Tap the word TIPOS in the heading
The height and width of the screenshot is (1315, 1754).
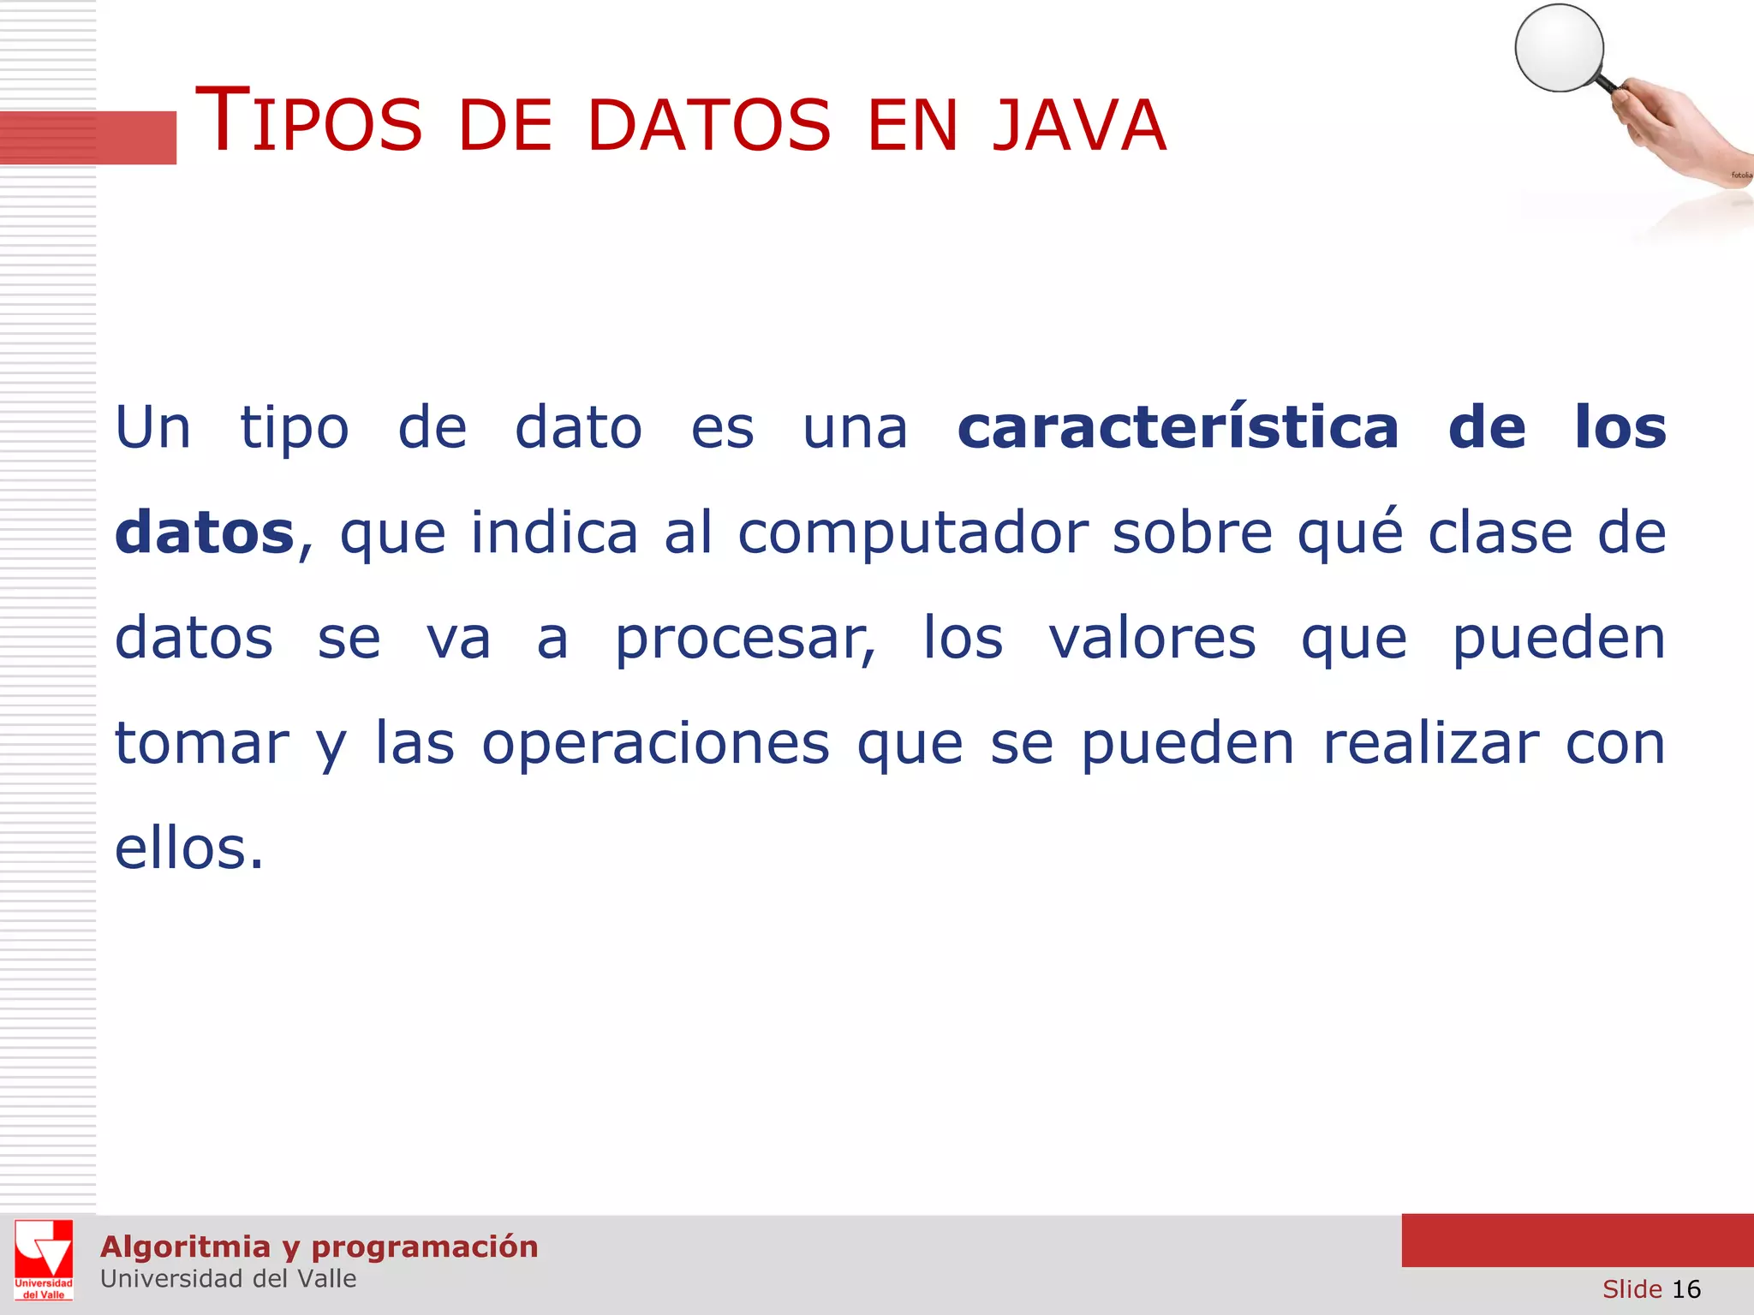[x=309, y=122]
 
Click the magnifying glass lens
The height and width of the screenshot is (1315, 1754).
[x=1559, y=47]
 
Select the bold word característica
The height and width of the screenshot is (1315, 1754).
[x=1178, y=427]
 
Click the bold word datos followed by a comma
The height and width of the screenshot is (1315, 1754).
[x=205, y=533]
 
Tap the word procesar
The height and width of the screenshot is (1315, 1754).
[x=745, y=639]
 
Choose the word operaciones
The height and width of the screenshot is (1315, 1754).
[x=655, y=743]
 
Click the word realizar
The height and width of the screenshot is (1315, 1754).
[x=1431, y=743]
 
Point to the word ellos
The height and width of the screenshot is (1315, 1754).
[x=188, y=848]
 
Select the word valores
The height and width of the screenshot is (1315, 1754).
[x=1152, y=639]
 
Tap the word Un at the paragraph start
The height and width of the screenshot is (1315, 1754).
[x=153, y=427]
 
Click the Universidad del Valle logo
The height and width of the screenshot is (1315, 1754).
[x=44, y=1259]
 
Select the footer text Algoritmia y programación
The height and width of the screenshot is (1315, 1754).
[x=319, y=1247]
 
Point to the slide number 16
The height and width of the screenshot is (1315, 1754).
[x=1685, y=1288]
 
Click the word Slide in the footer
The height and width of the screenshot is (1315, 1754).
[x=1632, y=1288]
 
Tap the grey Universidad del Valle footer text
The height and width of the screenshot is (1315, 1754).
[x=228, y=1278]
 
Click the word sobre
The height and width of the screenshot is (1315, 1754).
[x=1192, y=533]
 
